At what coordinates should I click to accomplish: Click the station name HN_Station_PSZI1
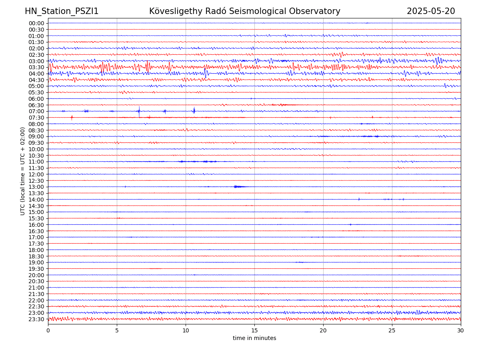point(62,11)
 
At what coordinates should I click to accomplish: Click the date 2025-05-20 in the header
point(431,11)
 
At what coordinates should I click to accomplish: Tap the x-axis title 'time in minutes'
point(254,338)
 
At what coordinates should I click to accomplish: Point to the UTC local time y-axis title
point(23,171)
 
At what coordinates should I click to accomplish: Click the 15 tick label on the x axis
point(254,330)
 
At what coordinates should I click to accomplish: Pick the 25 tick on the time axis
point(392,330)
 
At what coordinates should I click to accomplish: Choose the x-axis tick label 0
point(48,330)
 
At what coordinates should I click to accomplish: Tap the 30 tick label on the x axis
point(461,330)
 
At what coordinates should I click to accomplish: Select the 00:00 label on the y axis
point(36,23)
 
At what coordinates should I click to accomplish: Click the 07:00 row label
point(36,111)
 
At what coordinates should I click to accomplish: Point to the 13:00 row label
point(36,187)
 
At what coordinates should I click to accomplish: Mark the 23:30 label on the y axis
point(36,319)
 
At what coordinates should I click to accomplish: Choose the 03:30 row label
point(36,67)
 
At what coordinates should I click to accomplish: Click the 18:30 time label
point(36,256)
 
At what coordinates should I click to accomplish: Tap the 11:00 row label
point(36,162)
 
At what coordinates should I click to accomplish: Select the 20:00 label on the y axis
point(36,275)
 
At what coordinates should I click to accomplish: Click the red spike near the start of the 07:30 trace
point(72,118)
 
